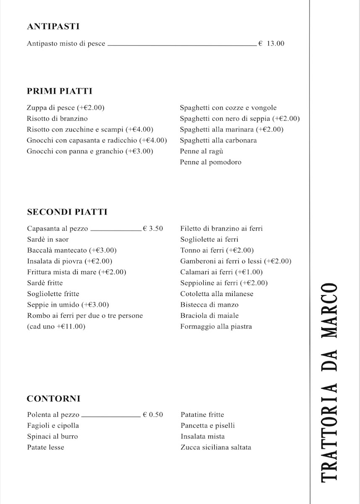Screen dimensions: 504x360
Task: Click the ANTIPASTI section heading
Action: [53, 26]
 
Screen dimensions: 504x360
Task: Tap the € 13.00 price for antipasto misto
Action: [271, 43]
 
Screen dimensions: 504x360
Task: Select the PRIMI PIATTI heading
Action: [59, 91]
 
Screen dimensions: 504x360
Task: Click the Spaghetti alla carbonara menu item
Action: [218, 140]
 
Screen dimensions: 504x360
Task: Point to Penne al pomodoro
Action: [210, 162]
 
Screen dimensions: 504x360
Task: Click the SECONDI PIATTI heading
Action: [67, 212]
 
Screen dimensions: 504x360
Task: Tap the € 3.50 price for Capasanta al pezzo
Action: [153, 229]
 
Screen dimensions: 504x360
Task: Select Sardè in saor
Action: [47, 239]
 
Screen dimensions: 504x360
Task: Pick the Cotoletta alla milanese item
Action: [217, 294]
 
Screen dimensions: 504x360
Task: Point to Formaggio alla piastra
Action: [216, 327]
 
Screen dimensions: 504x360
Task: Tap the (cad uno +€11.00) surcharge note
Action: [56, 327]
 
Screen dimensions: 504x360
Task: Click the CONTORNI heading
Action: [53, 399]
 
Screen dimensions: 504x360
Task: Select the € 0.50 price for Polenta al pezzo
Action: [153, 415]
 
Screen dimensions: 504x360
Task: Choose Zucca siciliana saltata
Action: [216, 448]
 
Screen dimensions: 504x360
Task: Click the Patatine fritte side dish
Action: [202, 415]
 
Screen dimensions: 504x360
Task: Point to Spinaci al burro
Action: [52, 437]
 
